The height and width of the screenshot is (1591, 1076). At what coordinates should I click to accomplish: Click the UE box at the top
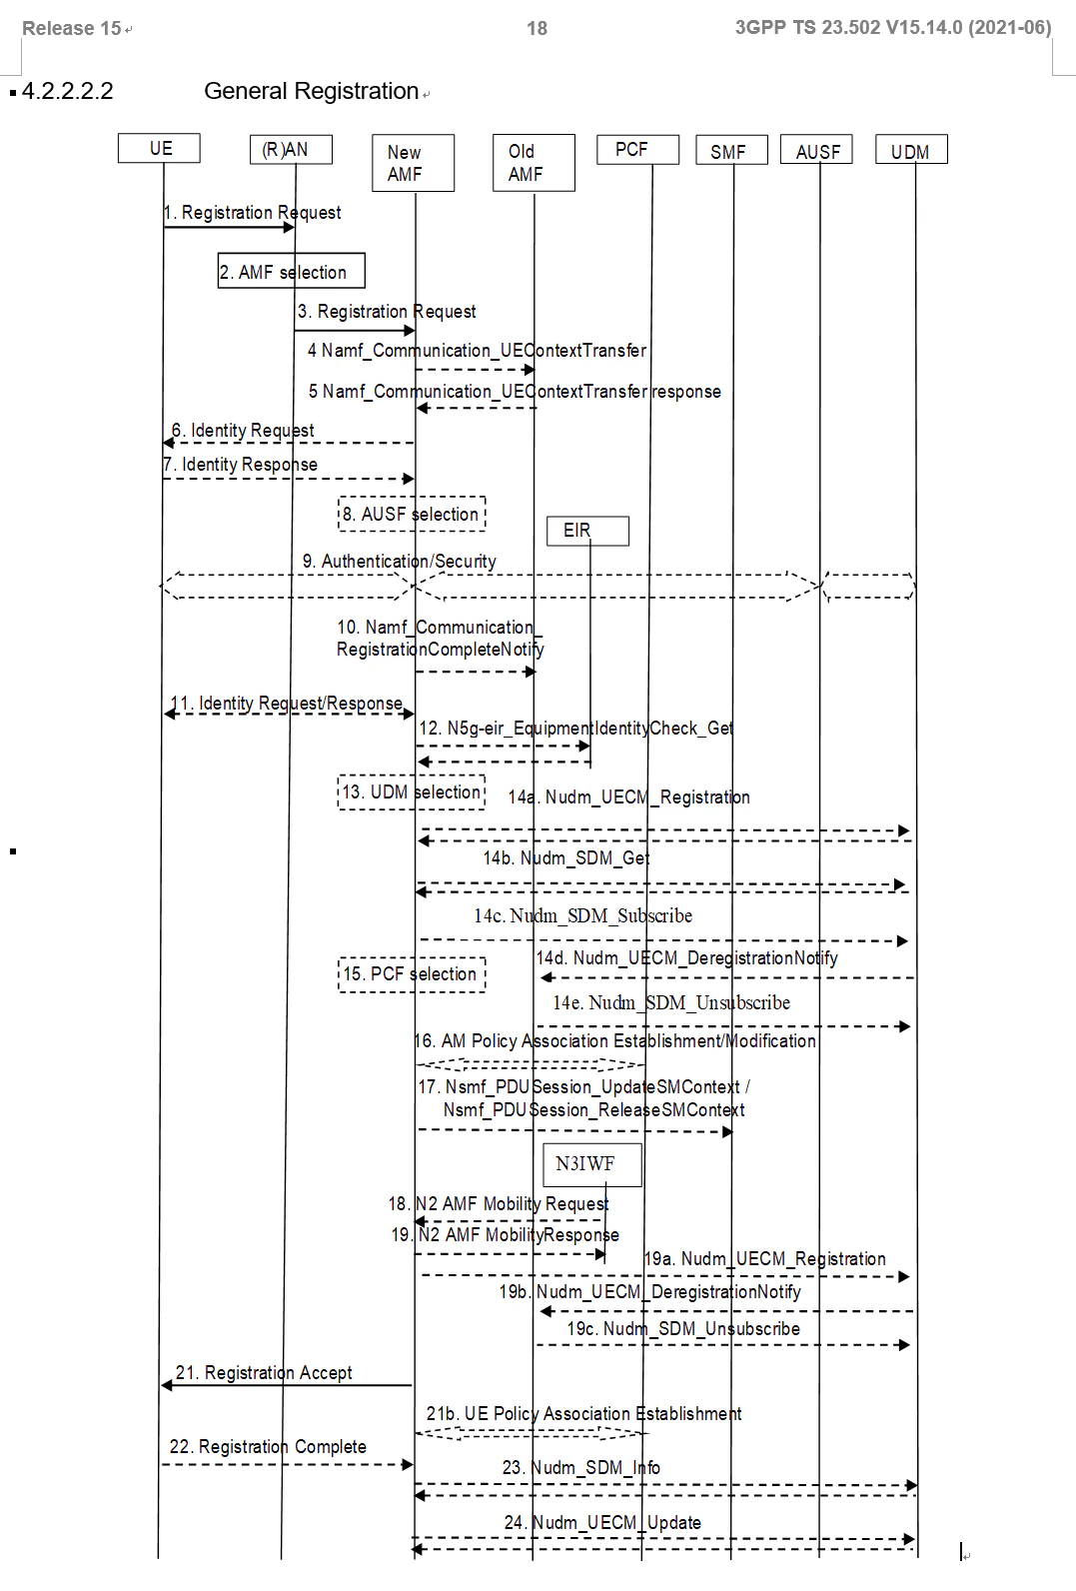coord(159,148)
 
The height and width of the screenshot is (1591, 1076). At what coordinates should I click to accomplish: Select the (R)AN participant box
coord(291,149)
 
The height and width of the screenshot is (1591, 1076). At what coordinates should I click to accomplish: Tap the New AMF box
coord(414,163)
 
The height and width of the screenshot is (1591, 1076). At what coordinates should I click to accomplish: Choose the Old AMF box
coord(535,163)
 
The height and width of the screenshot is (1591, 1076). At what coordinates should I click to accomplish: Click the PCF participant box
coord(637,149)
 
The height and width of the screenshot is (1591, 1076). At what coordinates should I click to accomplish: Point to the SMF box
coord(731,150)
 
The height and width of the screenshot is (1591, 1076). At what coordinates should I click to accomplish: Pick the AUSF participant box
coord(817,149)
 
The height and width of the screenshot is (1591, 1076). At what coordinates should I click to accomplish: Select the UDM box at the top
coord(911,149)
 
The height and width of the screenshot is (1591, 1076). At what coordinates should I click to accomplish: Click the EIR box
coord(588,531)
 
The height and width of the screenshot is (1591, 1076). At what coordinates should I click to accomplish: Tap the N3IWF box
coord(592,1164)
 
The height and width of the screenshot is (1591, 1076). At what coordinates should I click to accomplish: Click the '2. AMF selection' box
coord(291,271)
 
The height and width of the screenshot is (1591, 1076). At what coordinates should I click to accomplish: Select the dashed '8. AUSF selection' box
coord(412,514)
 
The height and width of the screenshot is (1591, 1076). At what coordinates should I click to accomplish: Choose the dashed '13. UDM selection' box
coord(412,792)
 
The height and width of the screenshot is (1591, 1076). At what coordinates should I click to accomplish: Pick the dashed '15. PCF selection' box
coord(412,973)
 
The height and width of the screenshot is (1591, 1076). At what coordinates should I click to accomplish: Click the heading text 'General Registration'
coord(311,91)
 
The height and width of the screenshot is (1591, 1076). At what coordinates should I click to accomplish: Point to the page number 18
coord(537,28)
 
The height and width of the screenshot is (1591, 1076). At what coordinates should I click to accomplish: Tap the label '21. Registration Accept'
coord(264,1372)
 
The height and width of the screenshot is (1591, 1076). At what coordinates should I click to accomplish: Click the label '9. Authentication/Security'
coord(400,561)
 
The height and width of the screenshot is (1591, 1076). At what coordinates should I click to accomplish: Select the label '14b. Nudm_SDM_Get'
coord(566,858)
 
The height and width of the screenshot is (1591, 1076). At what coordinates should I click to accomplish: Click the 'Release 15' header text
coord(72,28)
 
